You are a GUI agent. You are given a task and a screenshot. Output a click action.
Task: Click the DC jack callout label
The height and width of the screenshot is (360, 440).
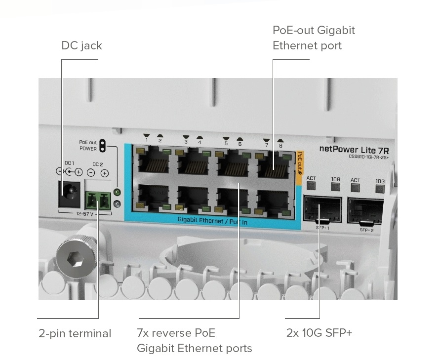click(81, 46)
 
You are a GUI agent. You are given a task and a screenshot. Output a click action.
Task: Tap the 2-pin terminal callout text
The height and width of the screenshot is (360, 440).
click(75, 333)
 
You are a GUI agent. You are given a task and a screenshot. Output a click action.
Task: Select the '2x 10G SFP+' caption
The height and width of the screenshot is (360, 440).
click(319, 333)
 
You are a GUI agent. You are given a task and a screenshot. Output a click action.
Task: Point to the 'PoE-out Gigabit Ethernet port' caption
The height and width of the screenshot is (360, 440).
click(314, 38)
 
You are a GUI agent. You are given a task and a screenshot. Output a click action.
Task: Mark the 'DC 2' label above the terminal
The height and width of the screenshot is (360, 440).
click(97, 163)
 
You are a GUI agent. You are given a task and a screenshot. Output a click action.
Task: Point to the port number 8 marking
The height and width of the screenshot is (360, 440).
click(280, 145)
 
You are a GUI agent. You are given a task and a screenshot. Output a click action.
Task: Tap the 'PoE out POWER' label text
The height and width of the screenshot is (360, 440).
click(88, 145)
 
